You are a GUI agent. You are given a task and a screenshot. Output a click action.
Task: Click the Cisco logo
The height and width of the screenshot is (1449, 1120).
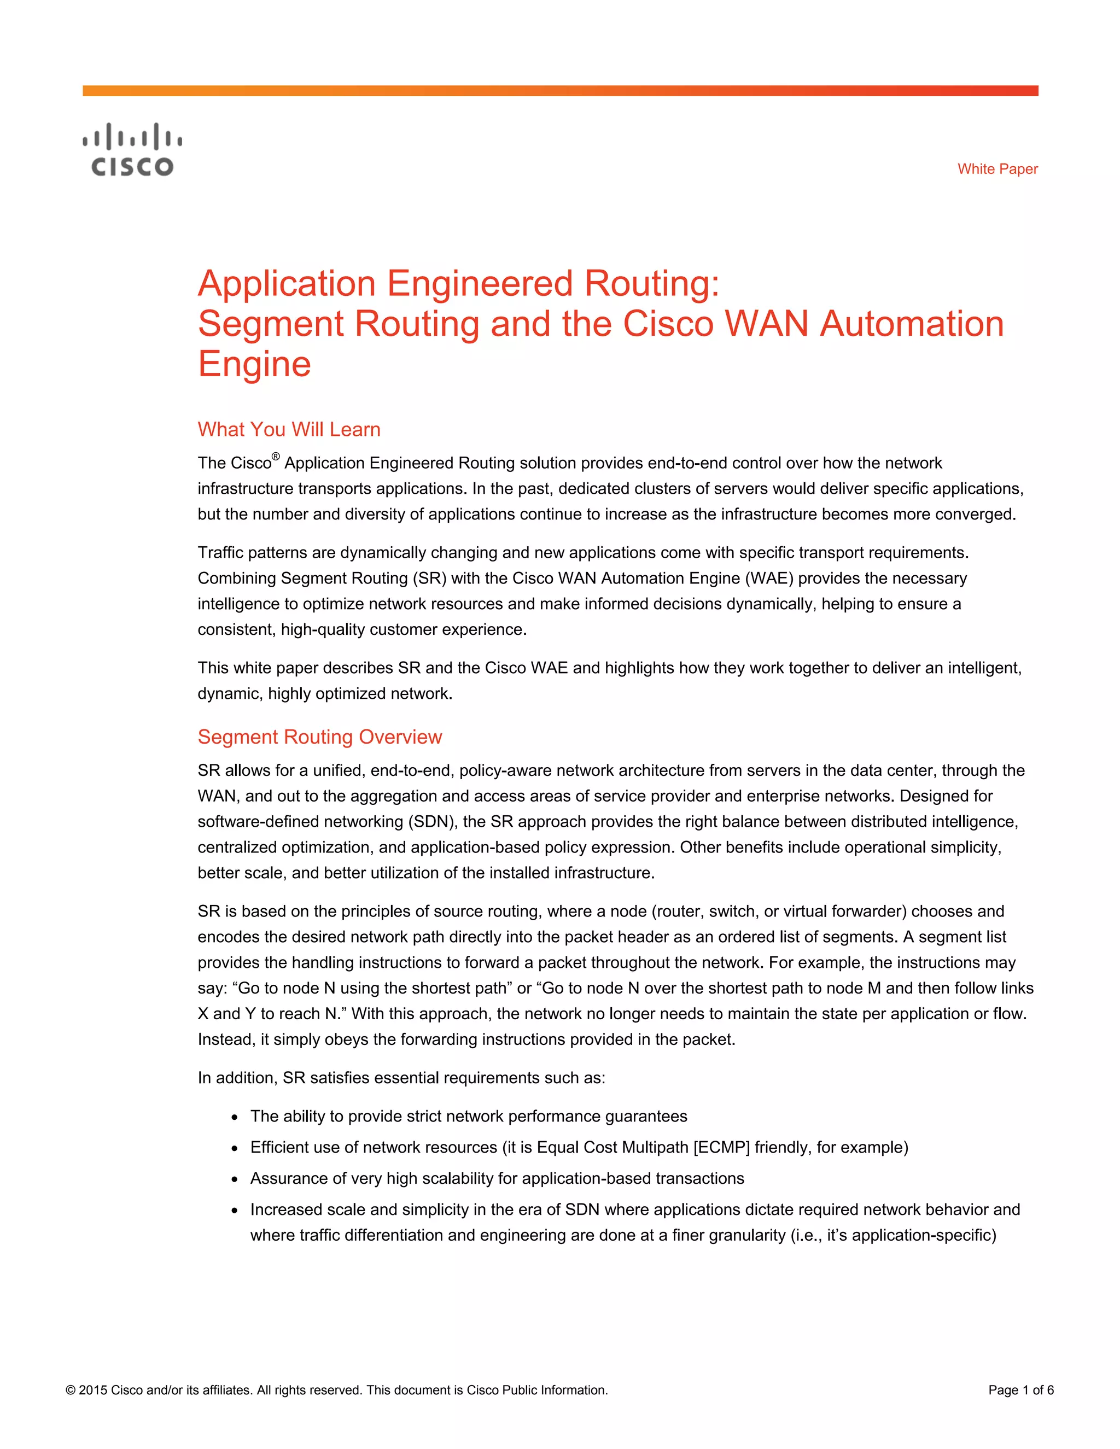coord(132,150)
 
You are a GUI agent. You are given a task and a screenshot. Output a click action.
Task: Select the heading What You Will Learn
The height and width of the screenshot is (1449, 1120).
coord(289,429)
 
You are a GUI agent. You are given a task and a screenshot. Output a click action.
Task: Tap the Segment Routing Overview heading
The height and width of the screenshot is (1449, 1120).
coord(319,737)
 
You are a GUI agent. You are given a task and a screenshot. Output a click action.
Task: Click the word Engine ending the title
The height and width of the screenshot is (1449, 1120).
coord(254,364)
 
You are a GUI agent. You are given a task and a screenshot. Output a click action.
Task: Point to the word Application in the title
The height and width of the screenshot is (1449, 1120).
coord(287,283)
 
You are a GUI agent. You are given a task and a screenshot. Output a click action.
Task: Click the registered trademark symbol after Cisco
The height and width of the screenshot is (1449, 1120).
coord(276,457)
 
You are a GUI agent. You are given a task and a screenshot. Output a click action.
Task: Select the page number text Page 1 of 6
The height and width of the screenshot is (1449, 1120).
coord(1020,1390)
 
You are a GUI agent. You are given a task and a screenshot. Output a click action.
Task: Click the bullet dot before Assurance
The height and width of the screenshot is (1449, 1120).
coord(235,1179)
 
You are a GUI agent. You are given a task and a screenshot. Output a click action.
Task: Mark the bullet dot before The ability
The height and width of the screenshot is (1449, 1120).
coord(235,1117)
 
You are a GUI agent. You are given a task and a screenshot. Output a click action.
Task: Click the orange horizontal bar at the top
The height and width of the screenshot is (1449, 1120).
coord(560,91)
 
